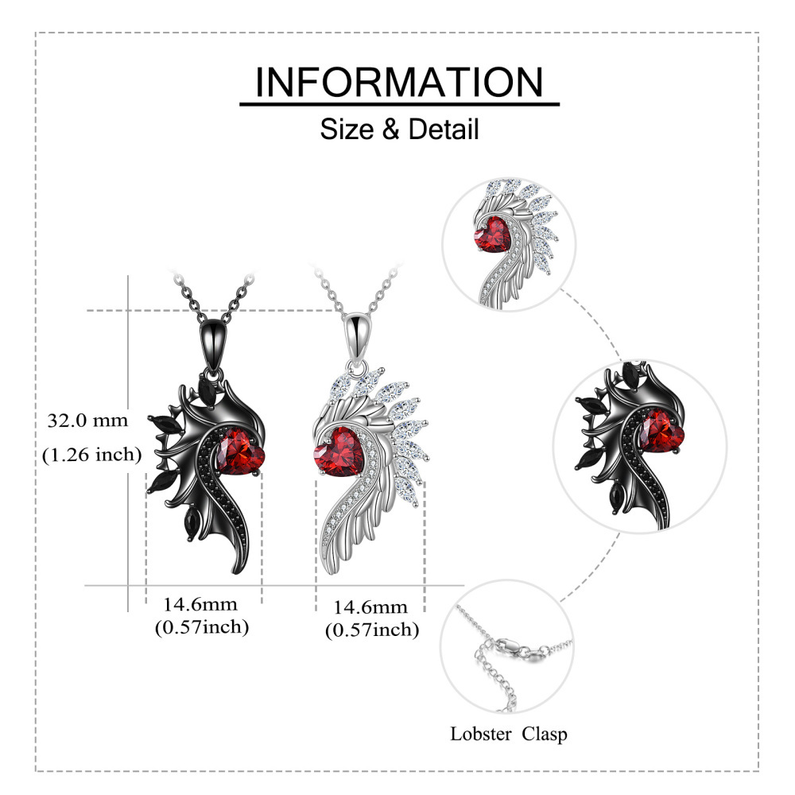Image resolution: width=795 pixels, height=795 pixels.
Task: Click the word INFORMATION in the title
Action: point(399,82)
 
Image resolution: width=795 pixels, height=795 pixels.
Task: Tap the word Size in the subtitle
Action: point(347,129)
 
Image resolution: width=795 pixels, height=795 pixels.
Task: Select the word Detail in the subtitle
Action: point(444,129)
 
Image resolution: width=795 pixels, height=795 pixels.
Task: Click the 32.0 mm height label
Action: point(87,421)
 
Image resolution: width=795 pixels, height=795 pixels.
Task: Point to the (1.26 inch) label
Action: point(91,454)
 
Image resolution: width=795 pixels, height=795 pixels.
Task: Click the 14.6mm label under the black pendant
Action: point(200,604)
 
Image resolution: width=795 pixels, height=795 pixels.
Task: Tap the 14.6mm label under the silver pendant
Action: point(370,607)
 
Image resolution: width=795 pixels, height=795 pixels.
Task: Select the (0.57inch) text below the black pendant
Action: point(202,627)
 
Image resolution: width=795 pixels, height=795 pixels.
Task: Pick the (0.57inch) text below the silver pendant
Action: point(372,630)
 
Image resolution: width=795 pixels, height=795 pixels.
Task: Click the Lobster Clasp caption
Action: point(509,734)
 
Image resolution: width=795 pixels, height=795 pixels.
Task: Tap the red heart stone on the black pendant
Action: point(240,452)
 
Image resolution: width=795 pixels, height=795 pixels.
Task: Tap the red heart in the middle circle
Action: point(660,432)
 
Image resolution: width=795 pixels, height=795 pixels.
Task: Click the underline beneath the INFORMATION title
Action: point(400,104)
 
